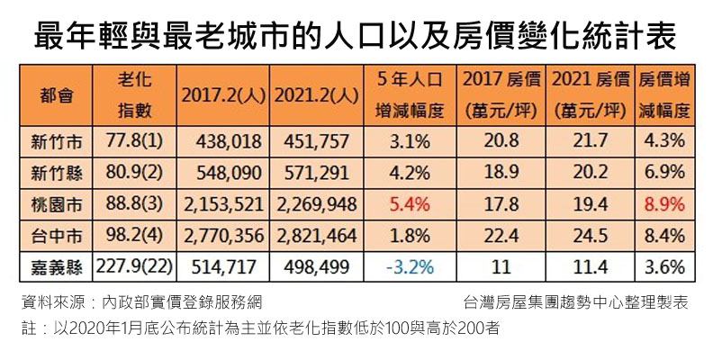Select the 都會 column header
(x=55, y=95)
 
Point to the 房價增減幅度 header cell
(x=664, y=95)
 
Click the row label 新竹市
(x=55, y=141)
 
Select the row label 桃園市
(x=55, y=204)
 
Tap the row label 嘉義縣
(x=55, y=267)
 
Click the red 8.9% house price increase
(x=664, y=204)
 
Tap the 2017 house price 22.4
(x=501, y=236)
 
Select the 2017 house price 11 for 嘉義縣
(x=501, y=267)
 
